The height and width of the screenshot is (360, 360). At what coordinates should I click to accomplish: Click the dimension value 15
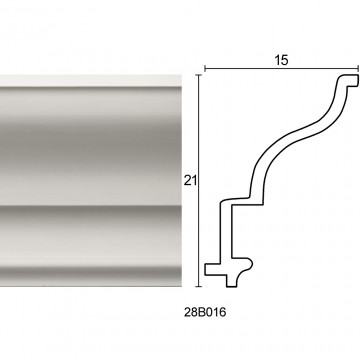point(281,60)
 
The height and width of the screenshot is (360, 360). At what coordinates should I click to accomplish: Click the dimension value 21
point(190,181)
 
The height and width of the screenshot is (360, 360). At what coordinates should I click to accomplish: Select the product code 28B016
point(205,312)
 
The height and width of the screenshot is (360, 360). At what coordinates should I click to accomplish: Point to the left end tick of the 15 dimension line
point(204,69)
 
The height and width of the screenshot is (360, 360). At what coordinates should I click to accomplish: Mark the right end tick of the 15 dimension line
point(358,69)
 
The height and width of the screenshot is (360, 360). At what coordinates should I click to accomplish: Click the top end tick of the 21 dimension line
point(199,75)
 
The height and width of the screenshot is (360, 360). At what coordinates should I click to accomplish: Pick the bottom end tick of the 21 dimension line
point(199,286)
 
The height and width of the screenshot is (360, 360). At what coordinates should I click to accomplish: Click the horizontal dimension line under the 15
point(281,69)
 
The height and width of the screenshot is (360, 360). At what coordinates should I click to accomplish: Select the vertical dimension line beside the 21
point(199,181)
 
